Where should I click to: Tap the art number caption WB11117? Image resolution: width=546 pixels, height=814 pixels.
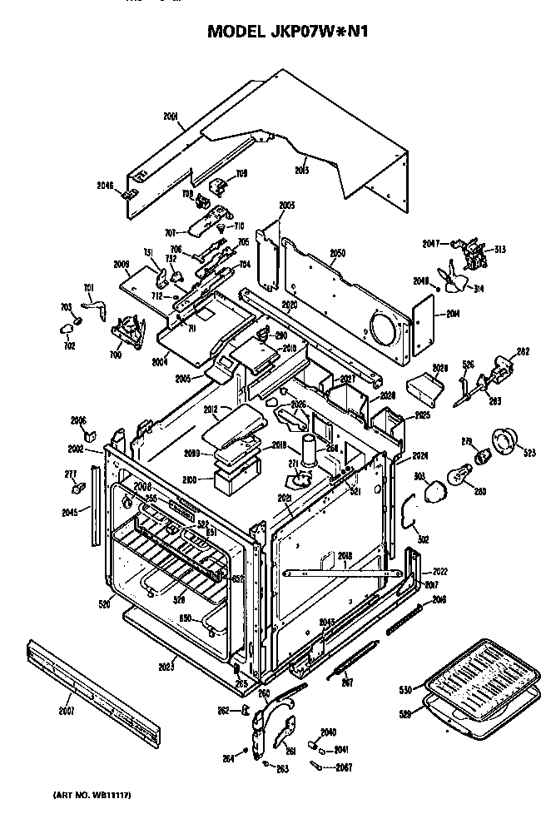(x=92, y=796)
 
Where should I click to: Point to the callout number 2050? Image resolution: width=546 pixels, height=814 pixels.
(x=337, y=252)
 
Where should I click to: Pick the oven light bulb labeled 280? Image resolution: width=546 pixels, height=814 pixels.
(x=460, y=476)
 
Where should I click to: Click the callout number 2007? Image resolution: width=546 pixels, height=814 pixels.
(x=66, y=710)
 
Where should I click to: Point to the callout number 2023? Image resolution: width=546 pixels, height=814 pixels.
(x=166, y=666)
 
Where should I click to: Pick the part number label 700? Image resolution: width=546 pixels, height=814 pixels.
(x=114, y=355)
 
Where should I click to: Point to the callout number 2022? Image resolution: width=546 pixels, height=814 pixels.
(x=439, y=572)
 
